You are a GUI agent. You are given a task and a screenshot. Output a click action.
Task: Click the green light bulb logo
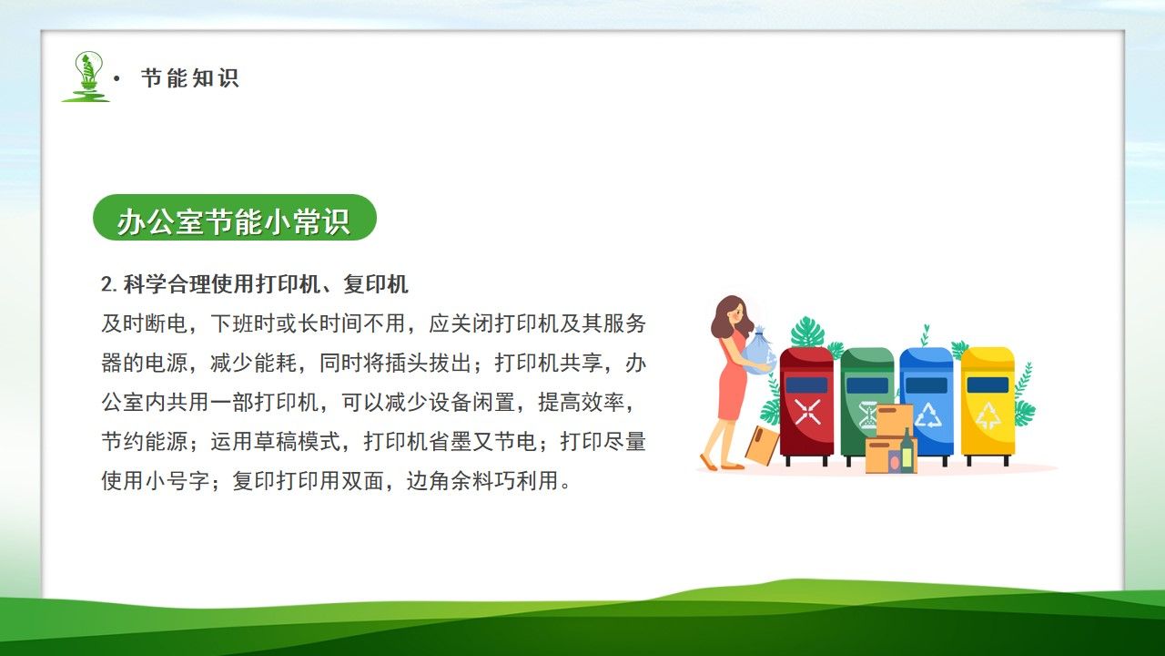click(x=87, y=75)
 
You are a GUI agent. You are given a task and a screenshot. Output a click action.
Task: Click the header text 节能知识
click(x=189, y=78)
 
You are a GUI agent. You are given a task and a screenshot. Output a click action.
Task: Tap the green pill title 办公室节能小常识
click(x=234, y=219)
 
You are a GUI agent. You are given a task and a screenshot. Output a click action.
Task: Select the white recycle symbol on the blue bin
click(x=928, y=415)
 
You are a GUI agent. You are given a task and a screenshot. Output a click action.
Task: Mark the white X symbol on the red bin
click(x=807, y=412)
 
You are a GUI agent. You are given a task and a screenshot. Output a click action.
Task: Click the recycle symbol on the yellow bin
click(x=988, y=415)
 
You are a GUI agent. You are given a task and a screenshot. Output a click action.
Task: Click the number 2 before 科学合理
click(x=106, y=285)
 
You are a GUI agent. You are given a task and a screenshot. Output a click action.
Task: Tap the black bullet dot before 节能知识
click(x=116, y=79)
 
